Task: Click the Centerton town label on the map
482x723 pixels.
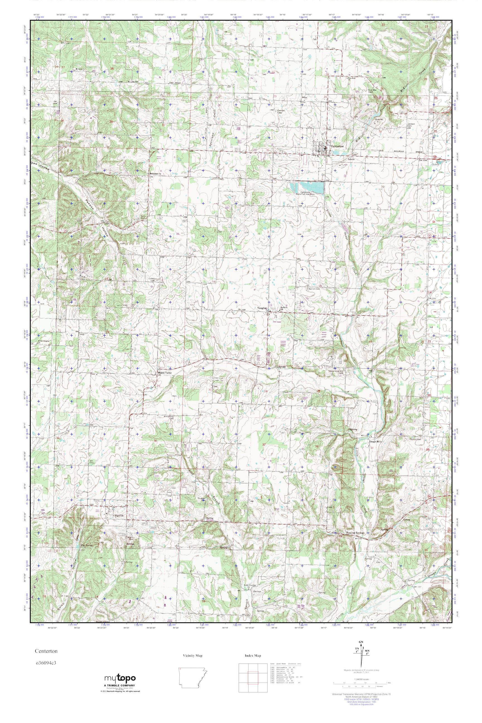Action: pyautogui.click(x=337, y=147)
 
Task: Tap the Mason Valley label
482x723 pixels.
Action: pyautogui.click(x=165, y=373)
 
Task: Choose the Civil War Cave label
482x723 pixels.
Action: pyautogui.click(x=373, y=91)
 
